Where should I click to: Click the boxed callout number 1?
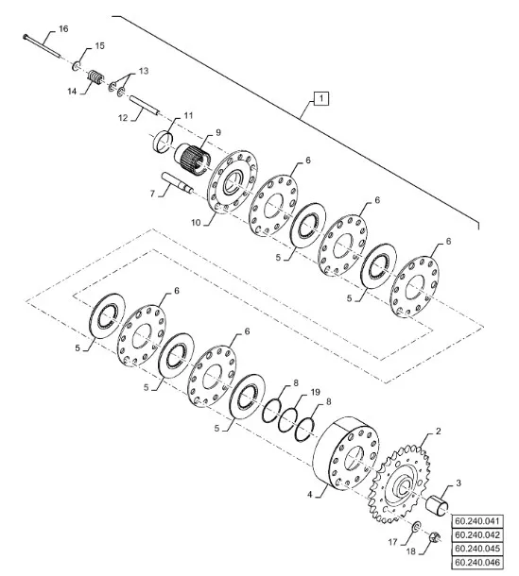(321, 98)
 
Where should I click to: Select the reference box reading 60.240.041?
(477, 521)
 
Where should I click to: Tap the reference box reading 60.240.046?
(477, 562)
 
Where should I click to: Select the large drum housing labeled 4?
(346, 453)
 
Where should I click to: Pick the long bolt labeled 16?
(42, 45)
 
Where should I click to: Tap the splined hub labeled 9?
(192, 159)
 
